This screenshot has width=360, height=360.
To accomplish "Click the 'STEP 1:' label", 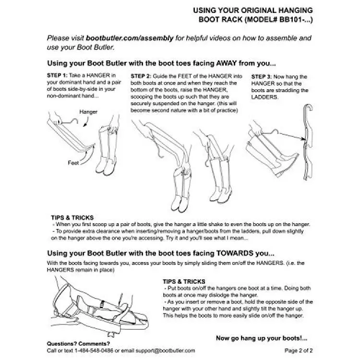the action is (57, 75).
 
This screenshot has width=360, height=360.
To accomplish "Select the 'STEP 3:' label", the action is (262, 77).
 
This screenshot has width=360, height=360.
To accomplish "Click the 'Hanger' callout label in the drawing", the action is (88, 112).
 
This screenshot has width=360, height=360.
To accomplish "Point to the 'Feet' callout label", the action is (73, 163).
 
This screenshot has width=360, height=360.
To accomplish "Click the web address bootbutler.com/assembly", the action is (130, 38).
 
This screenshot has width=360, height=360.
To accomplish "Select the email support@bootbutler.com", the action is (165, 350).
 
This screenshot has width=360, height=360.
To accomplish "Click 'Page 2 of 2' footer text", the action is (299, 350).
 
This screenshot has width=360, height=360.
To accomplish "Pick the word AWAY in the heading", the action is (227, 63).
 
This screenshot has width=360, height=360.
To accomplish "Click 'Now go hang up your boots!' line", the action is (262, 338).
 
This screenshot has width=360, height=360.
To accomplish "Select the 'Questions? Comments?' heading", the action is (78, 344).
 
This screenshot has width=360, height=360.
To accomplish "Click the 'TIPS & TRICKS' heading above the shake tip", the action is (72, 217).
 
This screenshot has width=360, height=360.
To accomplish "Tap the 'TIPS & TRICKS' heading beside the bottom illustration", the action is (184, 281).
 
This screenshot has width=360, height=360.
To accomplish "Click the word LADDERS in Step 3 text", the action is (264, 97).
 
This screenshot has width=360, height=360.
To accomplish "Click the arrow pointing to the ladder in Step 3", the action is (292, 136).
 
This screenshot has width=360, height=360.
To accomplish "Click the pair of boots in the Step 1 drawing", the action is (108, 150).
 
